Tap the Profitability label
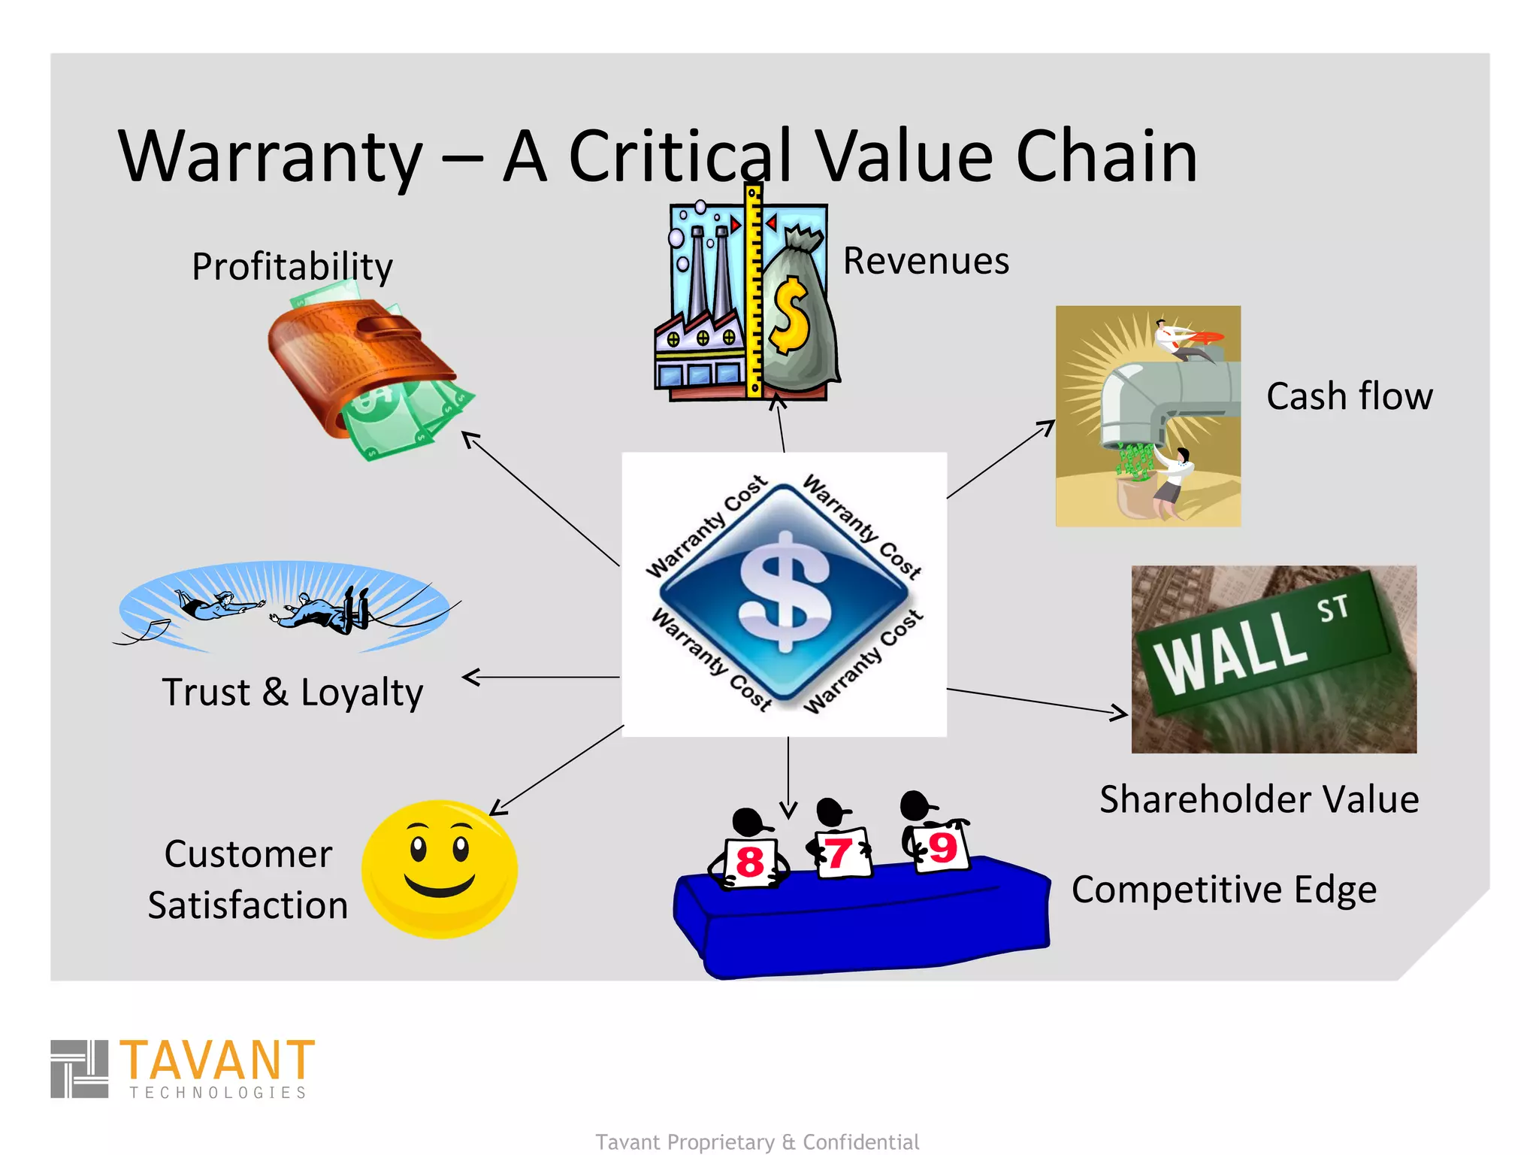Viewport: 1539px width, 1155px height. (292, 266)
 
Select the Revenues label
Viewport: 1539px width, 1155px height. (925, 261)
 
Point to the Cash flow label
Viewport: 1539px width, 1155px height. (1349, 396)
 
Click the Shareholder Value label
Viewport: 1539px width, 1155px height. (1259, 799)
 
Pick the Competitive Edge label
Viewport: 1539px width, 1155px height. (1223, 890)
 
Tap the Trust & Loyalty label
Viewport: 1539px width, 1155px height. (292, 692)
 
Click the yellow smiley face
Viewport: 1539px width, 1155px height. (440, 869)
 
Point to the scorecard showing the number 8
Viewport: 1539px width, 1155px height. (750, 862)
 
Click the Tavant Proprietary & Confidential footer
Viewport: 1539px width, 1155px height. (757, 1141)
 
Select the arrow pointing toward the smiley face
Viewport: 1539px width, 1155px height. (556, 771)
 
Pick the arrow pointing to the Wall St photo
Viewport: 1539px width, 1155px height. (1037, 701)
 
